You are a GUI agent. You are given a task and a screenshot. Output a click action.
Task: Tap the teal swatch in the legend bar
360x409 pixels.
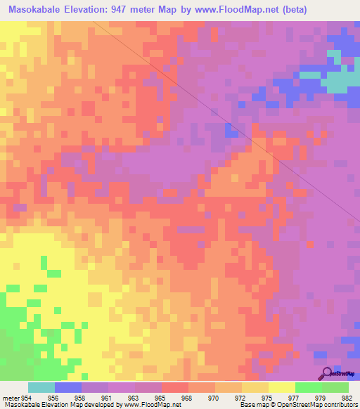(x=41, y=387)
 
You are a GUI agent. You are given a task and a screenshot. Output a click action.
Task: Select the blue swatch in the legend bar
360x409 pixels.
(x=68, y=387)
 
